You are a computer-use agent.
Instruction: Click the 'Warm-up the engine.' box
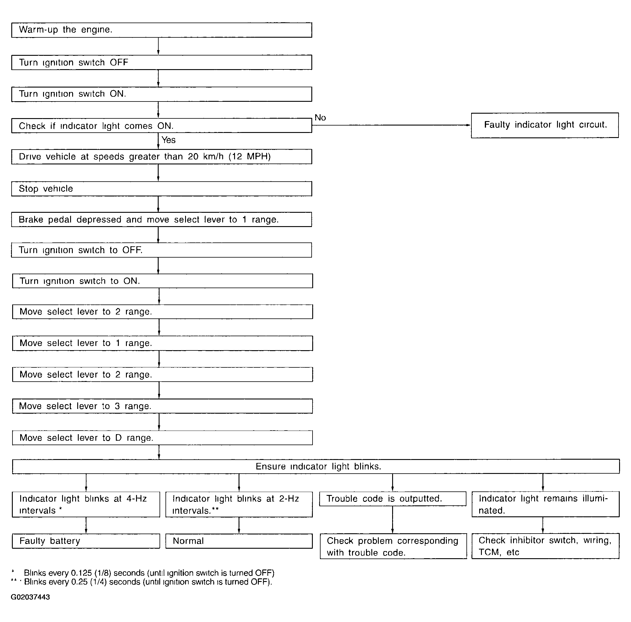pyautogui.click(x=161, y=30)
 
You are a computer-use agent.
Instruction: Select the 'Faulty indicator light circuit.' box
pyautogui.click(x=545, y=125)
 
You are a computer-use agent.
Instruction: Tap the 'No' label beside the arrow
pyautogui.click(x=320, y=118)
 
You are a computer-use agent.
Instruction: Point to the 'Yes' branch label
pyautogui.click(x=168, y=140)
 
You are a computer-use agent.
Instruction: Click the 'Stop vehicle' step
pyautogui.click(x=161, y=189)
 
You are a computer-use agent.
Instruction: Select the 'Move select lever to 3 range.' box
pyautogui.click(x=162, y=406)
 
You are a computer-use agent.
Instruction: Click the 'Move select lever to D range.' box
pyautogui.click(x=162, y=438)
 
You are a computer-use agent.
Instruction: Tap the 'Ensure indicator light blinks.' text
pyautogui.click(x=318, y=466)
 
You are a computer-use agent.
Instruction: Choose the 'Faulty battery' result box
pyautogui.click(x=86, y=541)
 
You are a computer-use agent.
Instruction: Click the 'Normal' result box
pyautogui.click(x=239, y=541)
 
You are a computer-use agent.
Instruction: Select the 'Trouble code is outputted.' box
pyautogui.click(x=392, y=499)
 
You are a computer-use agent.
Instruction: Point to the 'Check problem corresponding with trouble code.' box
pyautogui.click(x=393, y=547)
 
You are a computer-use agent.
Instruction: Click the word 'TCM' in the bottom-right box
pyautogui.click(x=489, y=552)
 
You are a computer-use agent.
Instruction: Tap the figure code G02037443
pyautogui.click(x=30, y=597)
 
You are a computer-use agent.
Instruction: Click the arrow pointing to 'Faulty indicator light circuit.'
pyautogui.click(x=392, y=125)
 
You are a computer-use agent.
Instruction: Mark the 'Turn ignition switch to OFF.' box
pyautogui.click(x=161, y=250)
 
